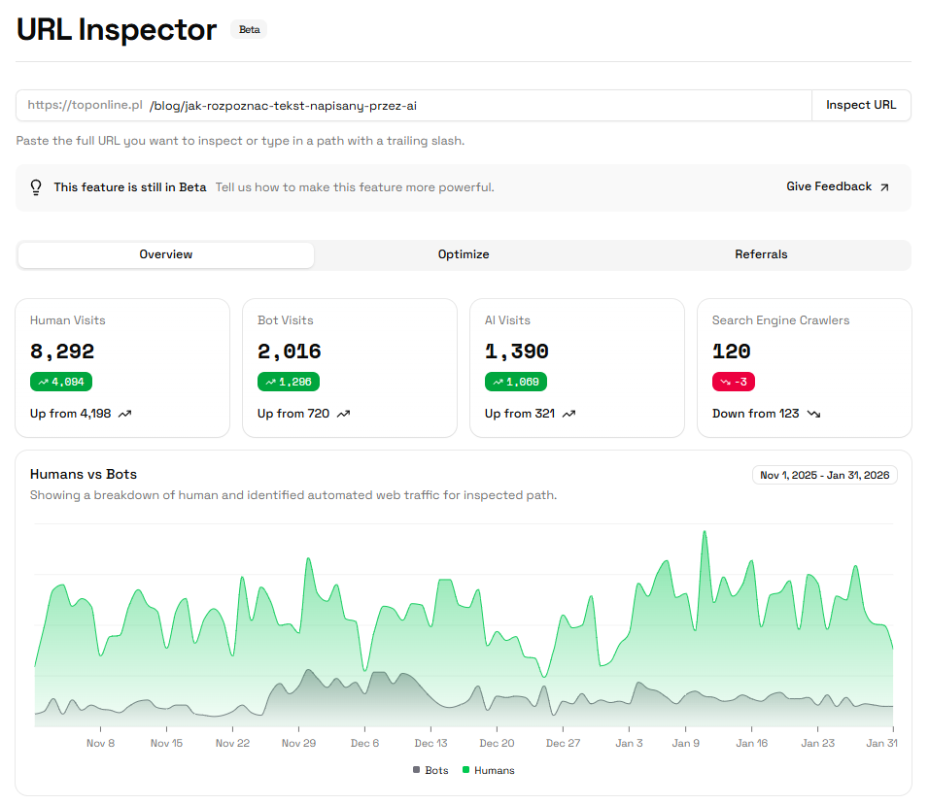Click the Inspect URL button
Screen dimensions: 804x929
861,105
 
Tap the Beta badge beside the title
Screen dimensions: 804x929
249,29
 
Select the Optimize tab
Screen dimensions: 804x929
464,254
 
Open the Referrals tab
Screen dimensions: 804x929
761,254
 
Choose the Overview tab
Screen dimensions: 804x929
166,254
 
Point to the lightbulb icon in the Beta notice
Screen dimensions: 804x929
36,187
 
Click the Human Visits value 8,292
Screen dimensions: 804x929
62,352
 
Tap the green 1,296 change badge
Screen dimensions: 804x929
289,382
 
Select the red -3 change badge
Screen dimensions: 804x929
734,382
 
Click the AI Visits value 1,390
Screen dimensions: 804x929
517,352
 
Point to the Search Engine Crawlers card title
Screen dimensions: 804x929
780,320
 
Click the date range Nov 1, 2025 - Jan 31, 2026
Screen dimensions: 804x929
825,475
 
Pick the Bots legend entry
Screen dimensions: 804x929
430,770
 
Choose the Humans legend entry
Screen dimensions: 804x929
489,770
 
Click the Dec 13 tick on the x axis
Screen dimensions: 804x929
430,743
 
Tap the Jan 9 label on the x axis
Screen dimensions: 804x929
686,743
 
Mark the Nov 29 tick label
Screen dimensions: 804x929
298,743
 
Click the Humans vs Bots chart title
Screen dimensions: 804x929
84,475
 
